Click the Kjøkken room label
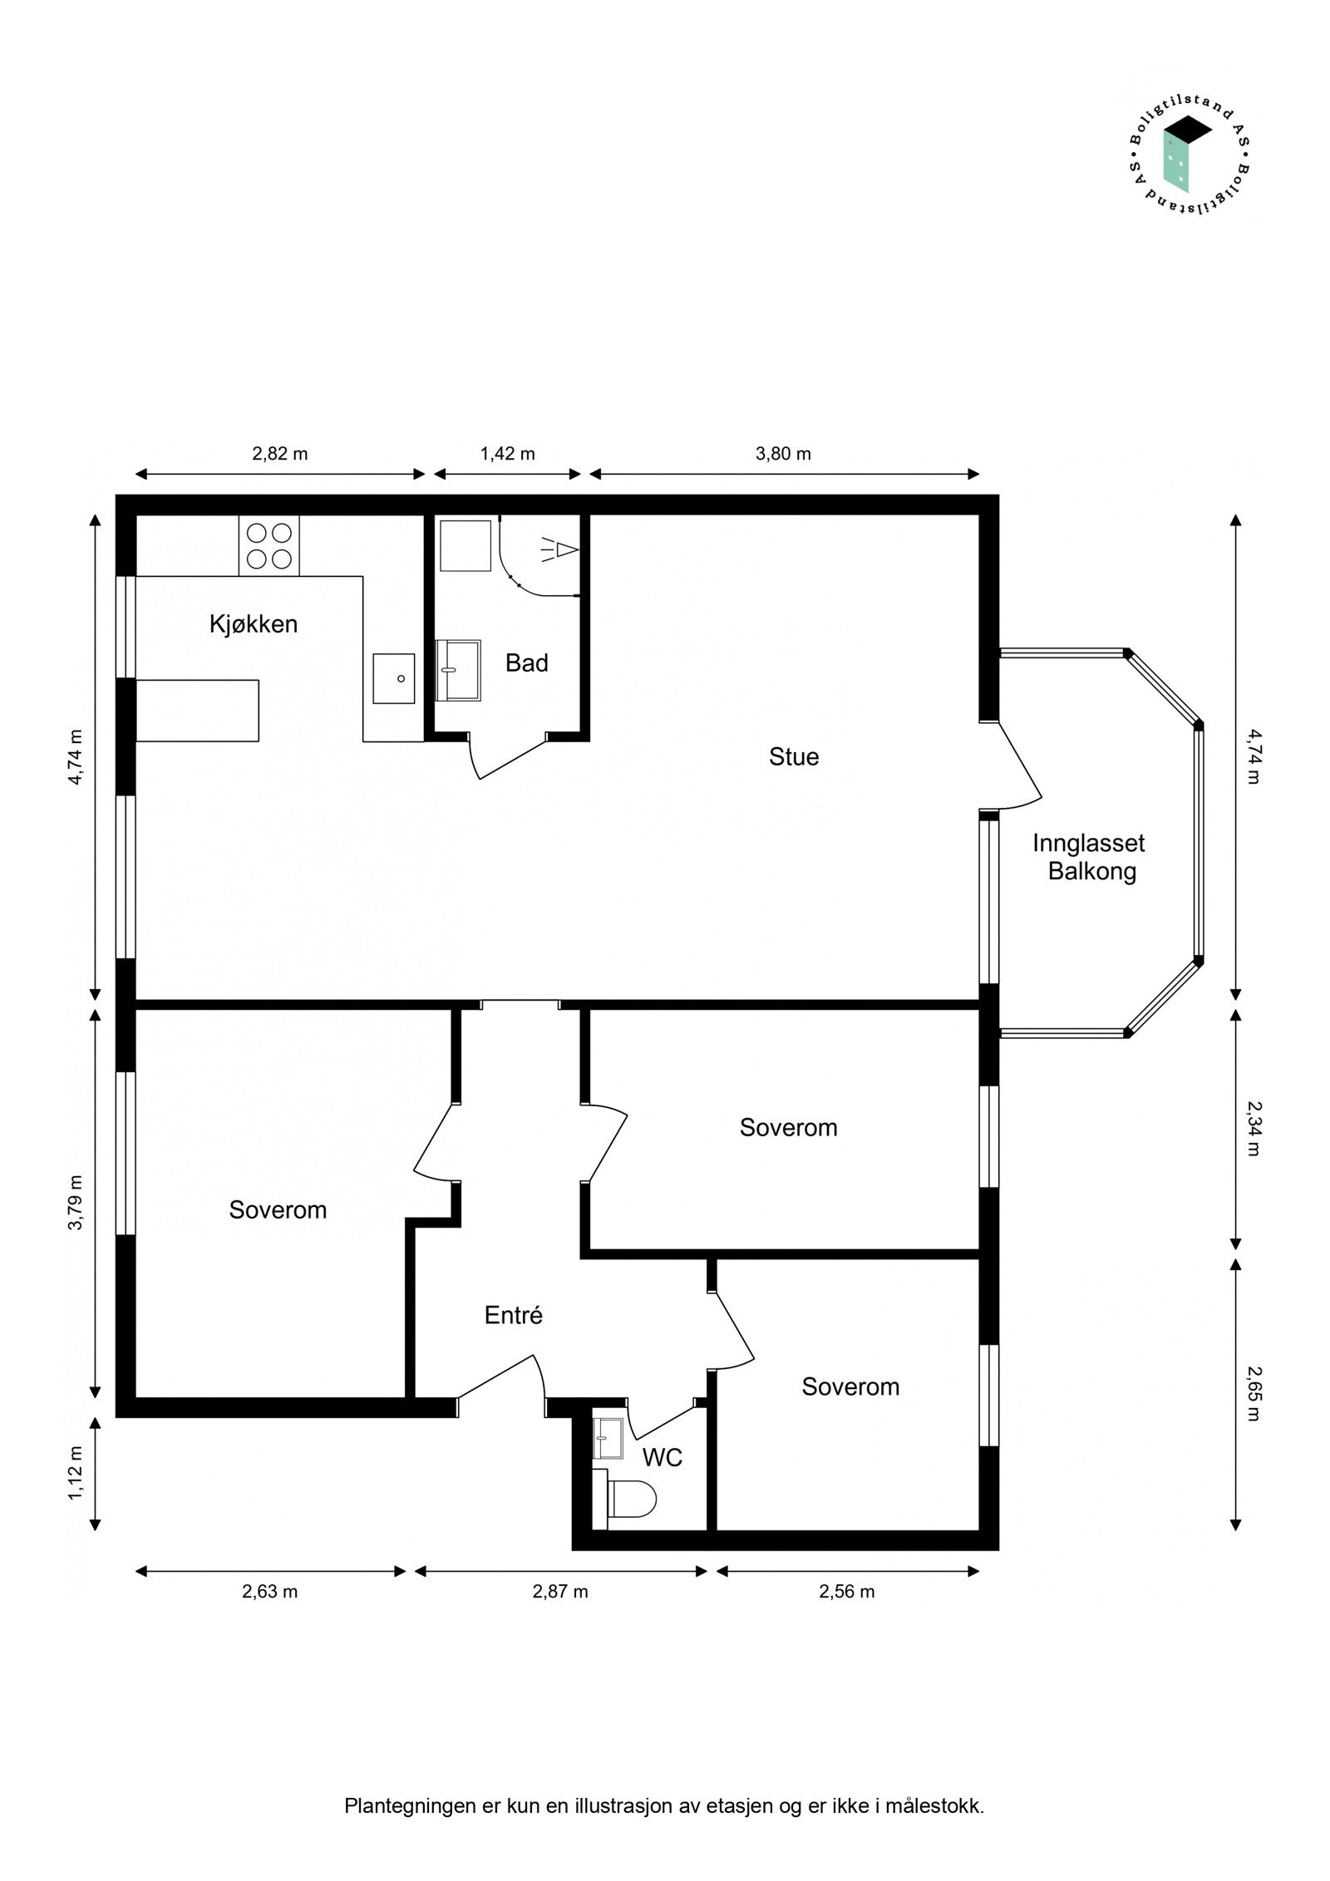click(x=253, y=624)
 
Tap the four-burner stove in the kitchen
click(x=268, y=545)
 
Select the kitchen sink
click(x=393, y=678)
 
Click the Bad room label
click(x=526, y=662)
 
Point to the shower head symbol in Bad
click(x=562, y=549)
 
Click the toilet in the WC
click(x=632, y=1499)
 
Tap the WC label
click(x=662, y=1457)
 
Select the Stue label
click(x=793, y=756)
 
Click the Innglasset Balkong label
click(x=1088, y=857)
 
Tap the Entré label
click(x=513, y=1315)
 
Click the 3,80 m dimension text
click(x=783, y=454)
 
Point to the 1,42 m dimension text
click(x=507, y=454)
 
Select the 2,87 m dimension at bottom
click(x=560, y=1591)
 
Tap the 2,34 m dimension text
click(x=1253, y=1128)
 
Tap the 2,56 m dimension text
click(x=846, y=1591)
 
